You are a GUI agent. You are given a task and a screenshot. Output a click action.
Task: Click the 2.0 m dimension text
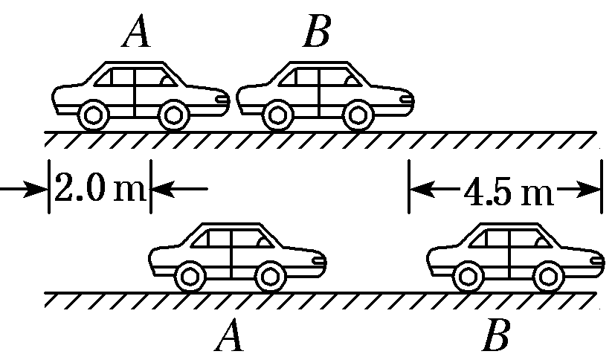[x=99, y=190]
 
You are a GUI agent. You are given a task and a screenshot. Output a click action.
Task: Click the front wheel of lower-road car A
[x=271, y=276]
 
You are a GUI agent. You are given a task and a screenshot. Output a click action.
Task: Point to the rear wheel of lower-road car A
[x=190, y=276]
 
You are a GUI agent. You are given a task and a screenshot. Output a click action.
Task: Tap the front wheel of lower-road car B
[x=548, y=276]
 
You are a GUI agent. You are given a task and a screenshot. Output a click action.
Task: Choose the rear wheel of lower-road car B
[x=467, y=276]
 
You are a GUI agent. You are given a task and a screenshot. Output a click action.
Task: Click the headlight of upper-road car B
[x=405, y=97]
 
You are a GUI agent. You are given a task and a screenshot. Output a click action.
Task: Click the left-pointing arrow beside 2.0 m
[x=178, y=190]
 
